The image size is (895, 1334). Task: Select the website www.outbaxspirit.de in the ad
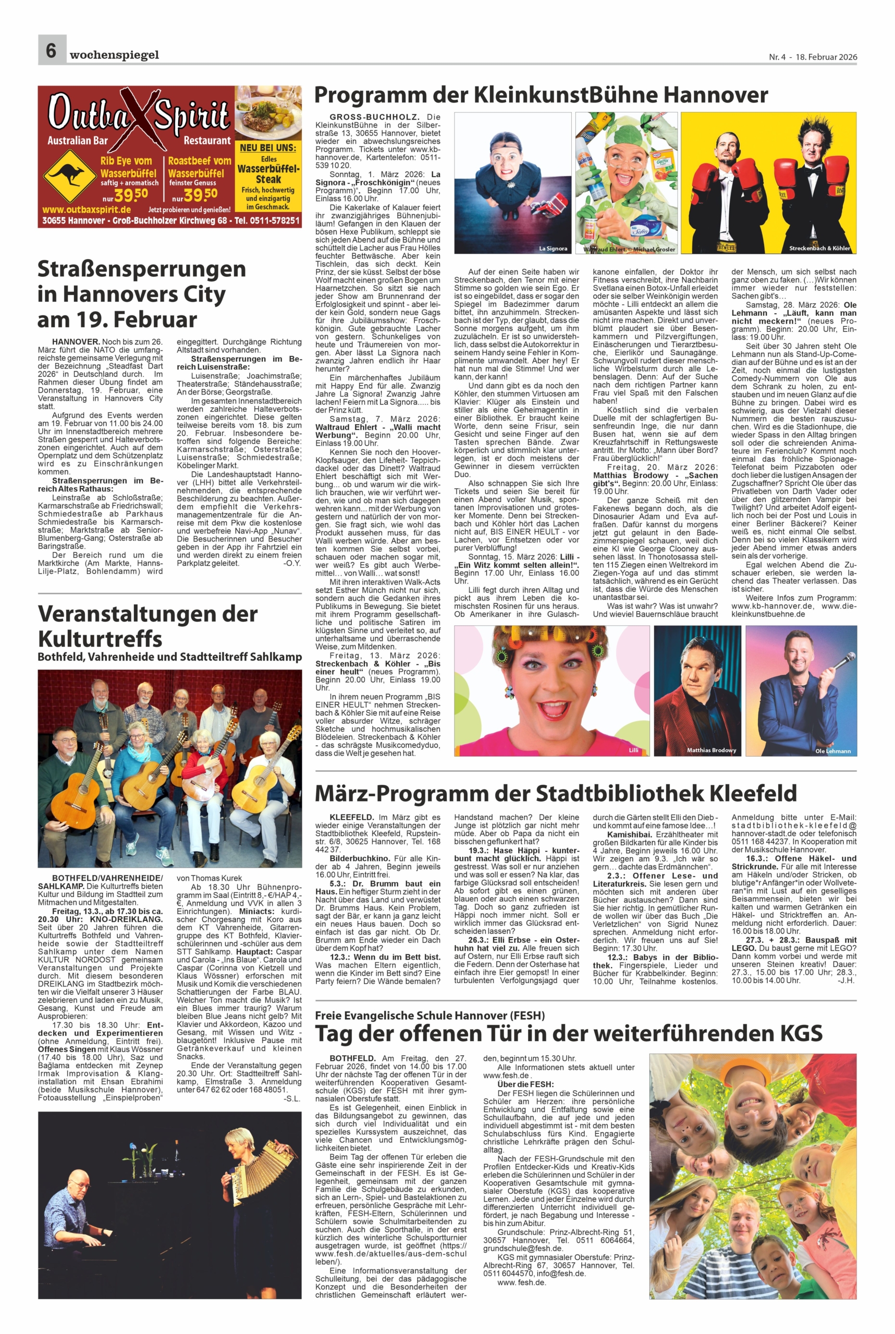(87, 209)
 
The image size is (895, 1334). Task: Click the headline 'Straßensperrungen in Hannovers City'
(142, 293)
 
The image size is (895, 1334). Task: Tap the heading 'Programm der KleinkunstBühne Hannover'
(541, 95)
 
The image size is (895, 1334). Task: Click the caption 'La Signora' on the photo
(553, 249)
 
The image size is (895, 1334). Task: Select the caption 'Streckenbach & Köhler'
(819, 248)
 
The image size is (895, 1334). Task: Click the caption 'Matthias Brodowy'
(711, 750)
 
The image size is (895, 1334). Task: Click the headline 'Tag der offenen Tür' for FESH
(569, 1033)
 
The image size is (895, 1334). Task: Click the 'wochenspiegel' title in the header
(114, 55)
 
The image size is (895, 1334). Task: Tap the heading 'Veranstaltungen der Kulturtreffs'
(148, 626)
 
